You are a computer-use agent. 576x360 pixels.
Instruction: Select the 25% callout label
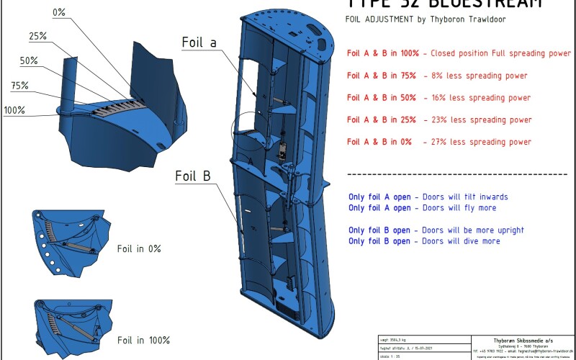click(38, 36)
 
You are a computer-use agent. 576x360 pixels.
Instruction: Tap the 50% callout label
click(29, 61)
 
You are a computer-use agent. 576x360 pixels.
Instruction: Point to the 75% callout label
click(19, 86)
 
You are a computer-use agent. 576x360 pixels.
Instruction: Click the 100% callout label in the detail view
click(14, 110)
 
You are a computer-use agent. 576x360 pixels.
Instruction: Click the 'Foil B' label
click(194, 175)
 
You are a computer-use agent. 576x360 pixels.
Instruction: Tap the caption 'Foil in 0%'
click(139, 248)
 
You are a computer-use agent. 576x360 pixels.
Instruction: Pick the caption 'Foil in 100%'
click(143, 340)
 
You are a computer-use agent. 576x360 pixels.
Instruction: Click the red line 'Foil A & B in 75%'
click(379, 76)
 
